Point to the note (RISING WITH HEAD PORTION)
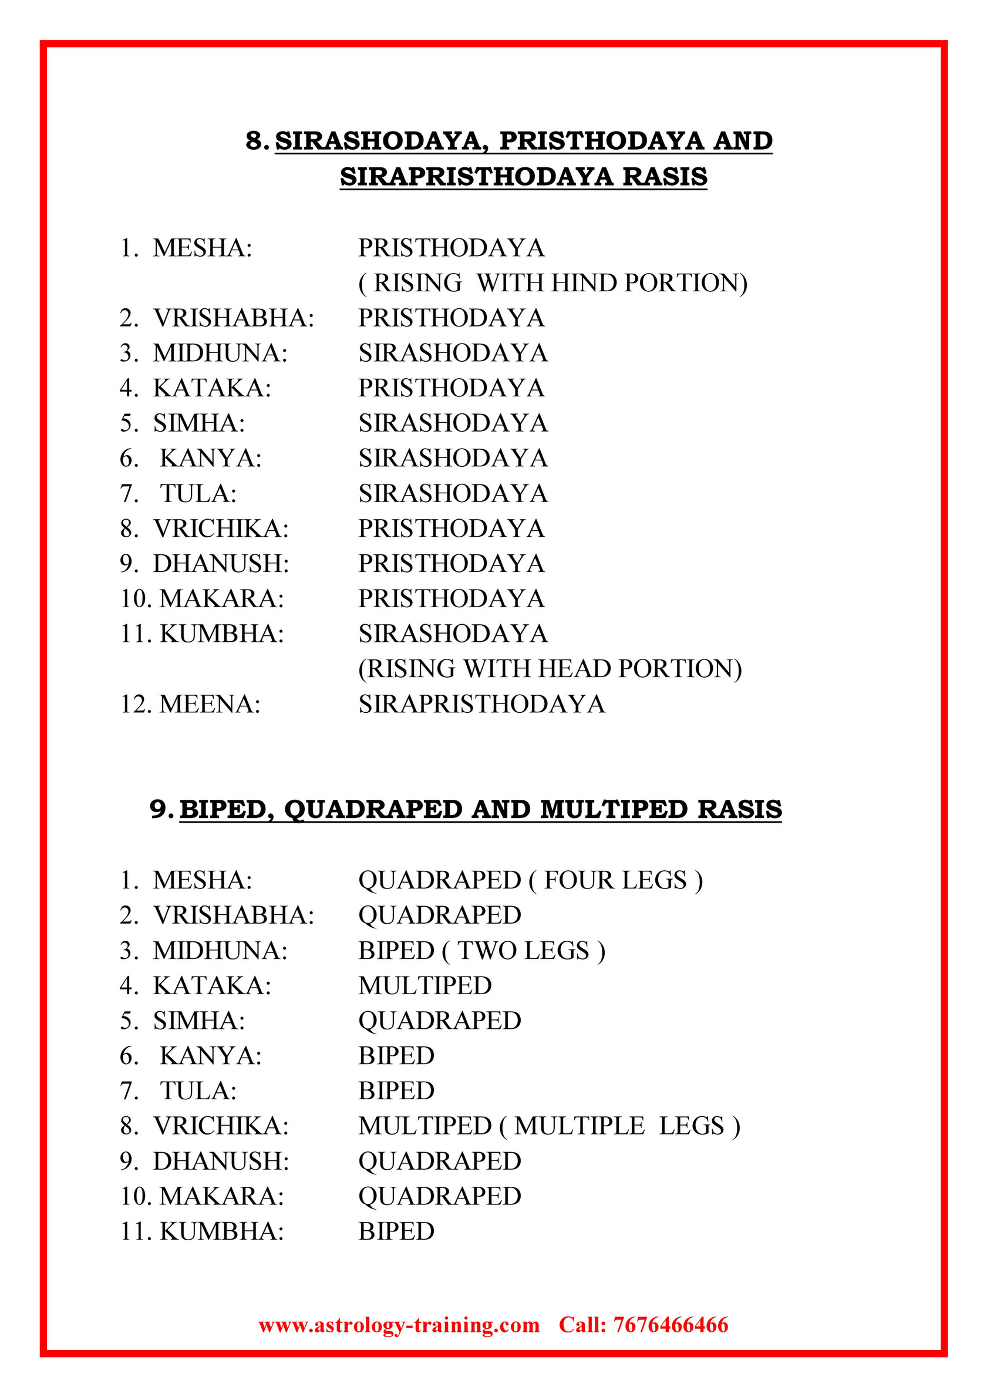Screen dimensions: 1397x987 pos(550,669)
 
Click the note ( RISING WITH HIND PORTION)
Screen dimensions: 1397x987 pos(553,283)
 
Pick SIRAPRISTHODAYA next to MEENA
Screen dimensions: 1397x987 pos(481,704)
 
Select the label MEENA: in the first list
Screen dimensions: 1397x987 pos(210,704)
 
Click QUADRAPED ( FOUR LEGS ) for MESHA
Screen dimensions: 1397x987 pos(530,880)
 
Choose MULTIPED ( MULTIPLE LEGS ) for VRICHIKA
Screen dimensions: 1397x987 pos(549,1126)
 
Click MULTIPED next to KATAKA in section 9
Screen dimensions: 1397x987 pos(425,986)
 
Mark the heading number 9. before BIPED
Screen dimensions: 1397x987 pos(162,809)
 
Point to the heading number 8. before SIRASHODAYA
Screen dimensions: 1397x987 pos(257,140)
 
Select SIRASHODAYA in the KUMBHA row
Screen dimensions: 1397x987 pos(453,634)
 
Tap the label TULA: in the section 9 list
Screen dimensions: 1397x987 pos(198,1091)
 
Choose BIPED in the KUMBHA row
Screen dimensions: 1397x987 pos(396,1231)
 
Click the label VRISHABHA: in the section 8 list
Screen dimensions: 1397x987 pos(234,318)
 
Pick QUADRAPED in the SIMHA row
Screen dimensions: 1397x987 pos(439,1021)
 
